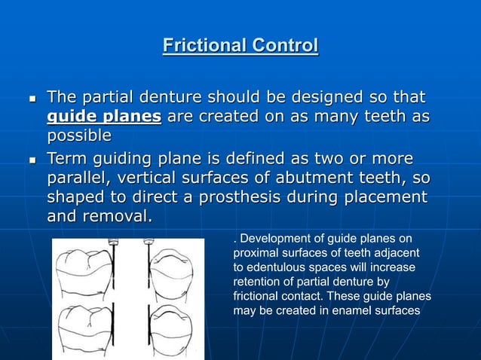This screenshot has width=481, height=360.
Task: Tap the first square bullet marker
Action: [31, 99]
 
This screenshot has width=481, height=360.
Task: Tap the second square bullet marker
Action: [31, 161]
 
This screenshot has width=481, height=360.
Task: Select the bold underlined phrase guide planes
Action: [104, 117]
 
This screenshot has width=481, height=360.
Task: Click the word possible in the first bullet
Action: [79, 136]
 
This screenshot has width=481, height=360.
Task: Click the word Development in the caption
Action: [272, 239]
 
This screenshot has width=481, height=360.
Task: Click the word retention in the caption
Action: [257, 282]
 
